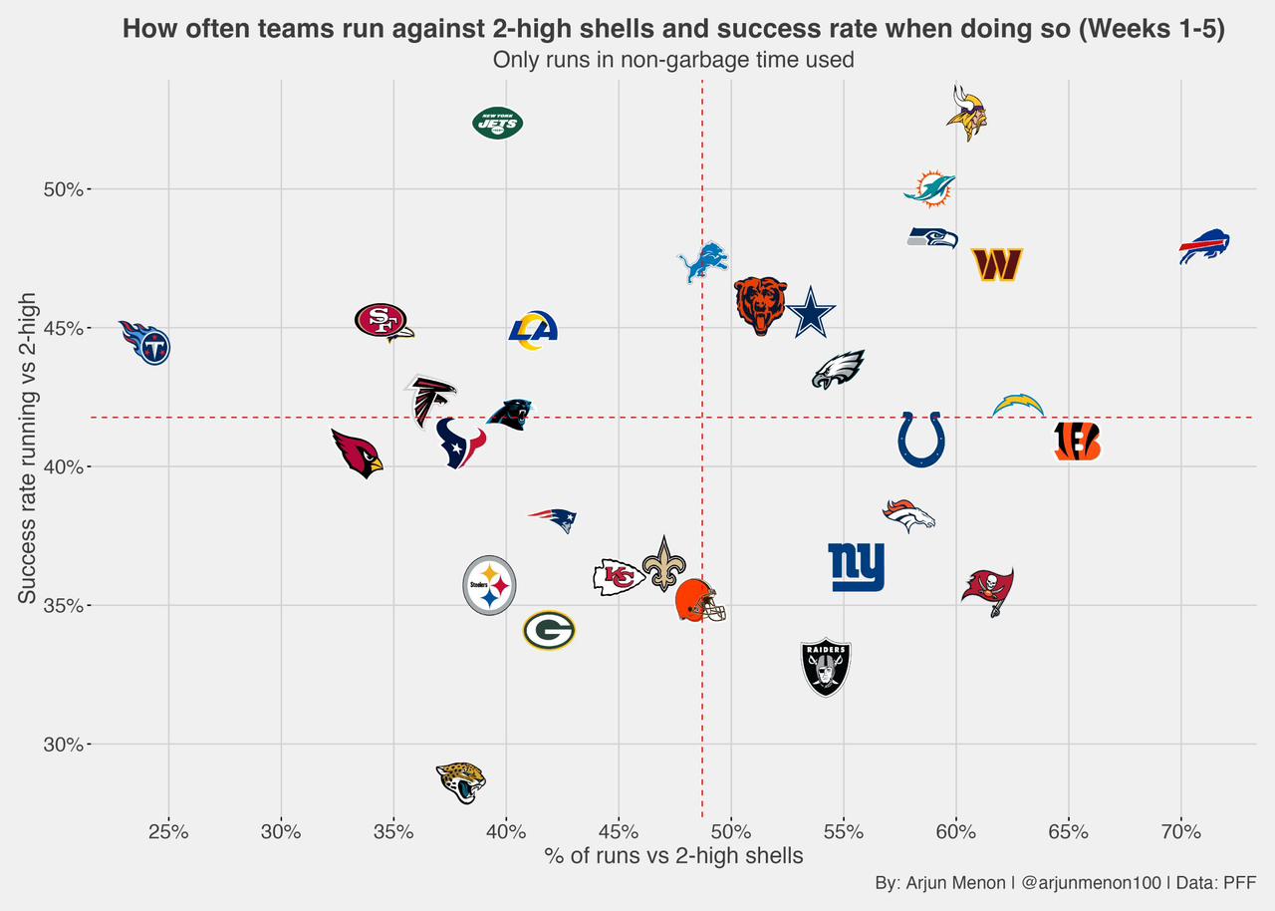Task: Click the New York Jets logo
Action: [x=497, y=124]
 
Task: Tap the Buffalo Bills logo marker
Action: [x=1204, y=246]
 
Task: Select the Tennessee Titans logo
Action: [x=146, y=342]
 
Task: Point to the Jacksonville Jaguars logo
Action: [x=461, y=781]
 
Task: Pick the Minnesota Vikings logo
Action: [x=966, y=113]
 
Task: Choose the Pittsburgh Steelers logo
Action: [x=489, y=585]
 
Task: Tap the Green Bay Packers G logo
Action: [x=549, y=630]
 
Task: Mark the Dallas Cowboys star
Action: [x=811, y=312]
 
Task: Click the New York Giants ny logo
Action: [x=856, y=567]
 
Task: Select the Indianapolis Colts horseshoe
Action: [x=921, y=440]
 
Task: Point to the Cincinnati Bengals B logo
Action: [x=1078, y=441]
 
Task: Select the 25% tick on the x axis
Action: [x=168, y=831]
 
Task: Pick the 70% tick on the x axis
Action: [x=1181, y=831]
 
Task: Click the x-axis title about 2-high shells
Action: [x=673, y=855]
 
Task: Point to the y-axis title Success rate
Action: [x=27, y=448]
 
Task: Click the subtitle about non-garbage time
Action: [x=673, y=60]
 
